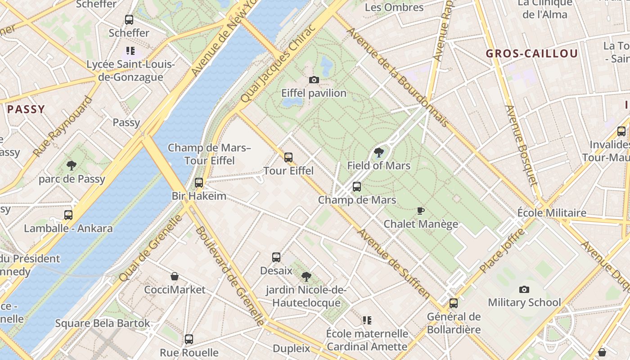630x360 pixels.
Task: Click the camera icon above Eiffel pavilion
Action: click(314, 80)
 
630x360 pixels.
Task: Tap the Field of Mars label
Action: click(378, 166)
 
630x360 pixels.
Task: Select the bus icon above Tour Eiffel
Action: click(288, 157)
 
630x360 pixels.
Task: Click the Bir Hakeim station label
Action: click(199, 196)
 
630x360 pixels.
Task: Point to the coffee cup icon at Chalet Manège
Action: click(421, 211)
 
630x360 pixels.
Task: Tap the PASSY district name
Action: click(26, 109)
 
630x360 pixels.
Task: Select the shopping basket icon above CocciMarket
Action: click(175, 276)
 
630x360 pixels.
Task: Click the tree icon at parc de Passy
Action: click(72, 166)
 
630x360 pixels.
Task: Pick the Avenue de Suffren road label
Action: click(394, 264)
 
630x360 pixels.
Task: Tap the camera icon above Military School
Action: click(524, 289)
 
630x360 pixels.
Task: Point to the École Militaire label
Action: click(552, 213)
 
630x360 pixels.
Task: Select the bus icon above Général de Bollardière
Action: click(454, 303)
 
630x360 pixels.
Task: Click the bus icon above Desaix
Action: click(276, 257)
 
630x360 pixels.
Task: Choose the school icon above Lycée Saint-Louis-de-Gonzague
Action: click(130, 51)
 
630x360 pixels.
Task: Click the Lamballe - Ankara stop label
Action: click(68, 228)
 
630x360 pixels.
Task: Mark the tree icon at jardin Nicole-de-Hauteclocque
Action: click(306, 276)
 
